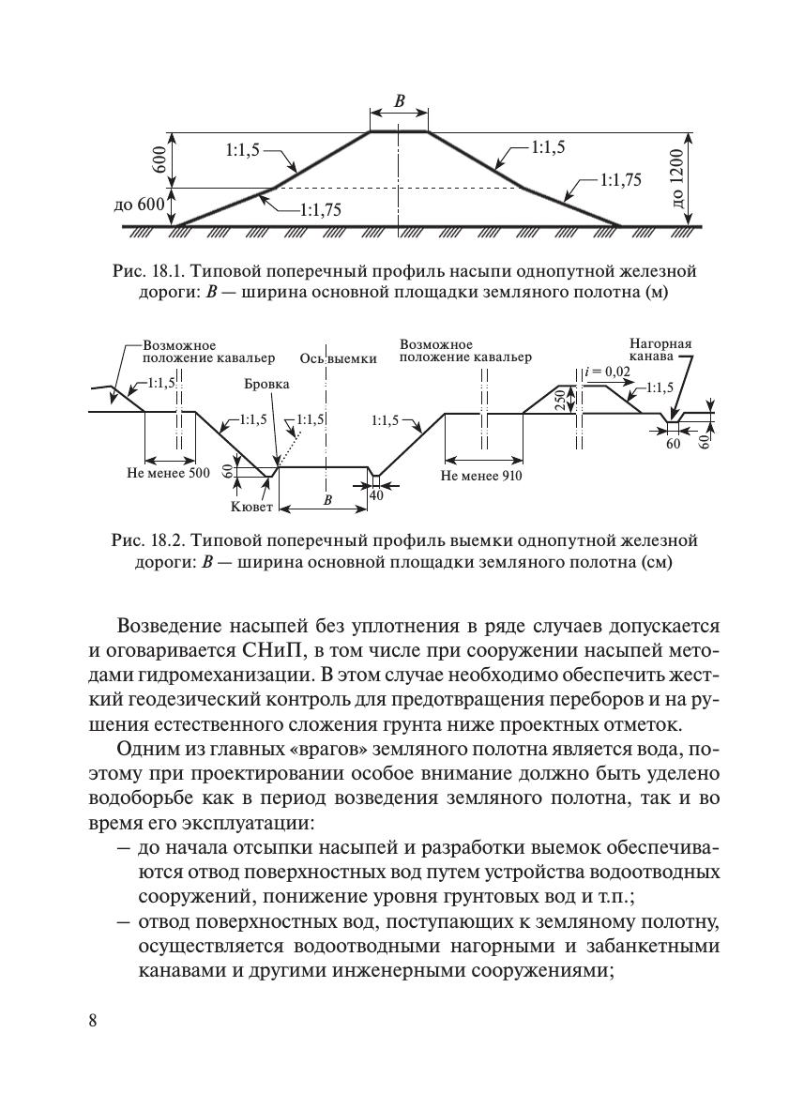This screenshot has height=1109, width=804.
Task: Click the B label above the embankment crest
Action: (x=399, y=102)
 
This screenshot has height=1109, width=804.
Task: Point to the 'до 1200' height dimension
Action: (x=680, y=178)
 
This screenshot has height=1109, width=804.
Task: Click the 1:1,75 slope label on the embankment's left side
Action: (x=320, y=211)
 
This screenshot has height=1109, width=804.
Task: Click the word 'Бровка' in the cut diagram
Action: (x=266, y=385)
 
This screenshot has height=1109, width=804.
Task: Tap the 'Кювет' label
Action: (x=251, y=508)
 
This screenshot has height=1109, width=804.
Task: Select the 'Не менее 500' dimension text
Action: (x=168, y=473)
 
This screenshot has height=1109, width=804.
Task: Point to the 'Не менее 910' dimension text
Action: (x=481, y=476)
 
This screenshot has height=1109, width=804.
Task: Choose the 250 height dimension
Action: (x=559, y=401)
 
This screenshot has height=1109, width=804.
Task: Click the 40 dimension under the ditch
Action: (x=376, y=494)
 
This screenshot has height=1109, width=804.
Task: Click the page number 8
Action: (x=93, y=1022)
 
